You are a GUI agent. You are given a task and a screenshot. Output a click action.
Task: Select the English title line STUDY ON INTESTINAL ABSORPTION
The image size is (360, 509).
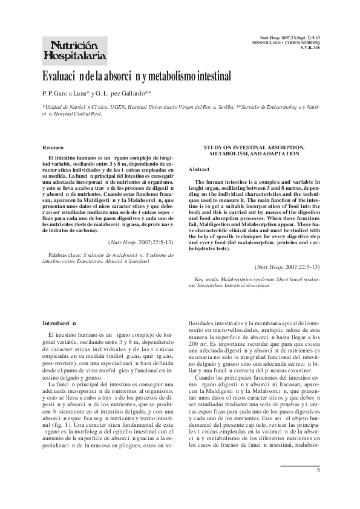coord(254,148)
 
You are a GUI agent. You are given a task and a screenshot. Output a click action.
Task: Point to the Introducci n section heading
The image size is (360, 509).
coord(59,323)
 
